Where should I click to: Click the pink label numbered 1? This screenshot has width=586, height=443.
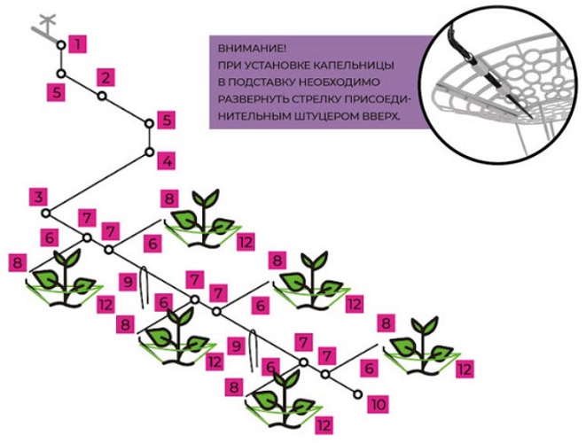80,42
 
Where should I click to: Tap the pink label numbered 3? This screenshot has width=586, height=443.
37,196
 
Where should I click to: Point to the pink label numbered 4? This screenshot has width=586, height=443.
168,160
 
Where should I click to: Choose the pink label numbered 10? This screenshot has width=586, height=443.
379,404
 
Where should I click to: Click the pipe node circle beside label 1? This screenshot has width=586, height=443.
60,44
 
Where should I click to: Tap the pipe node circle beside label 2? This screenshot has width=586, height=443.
102,96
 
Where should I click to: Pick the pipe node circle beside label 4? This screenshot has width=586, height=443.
150,153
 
